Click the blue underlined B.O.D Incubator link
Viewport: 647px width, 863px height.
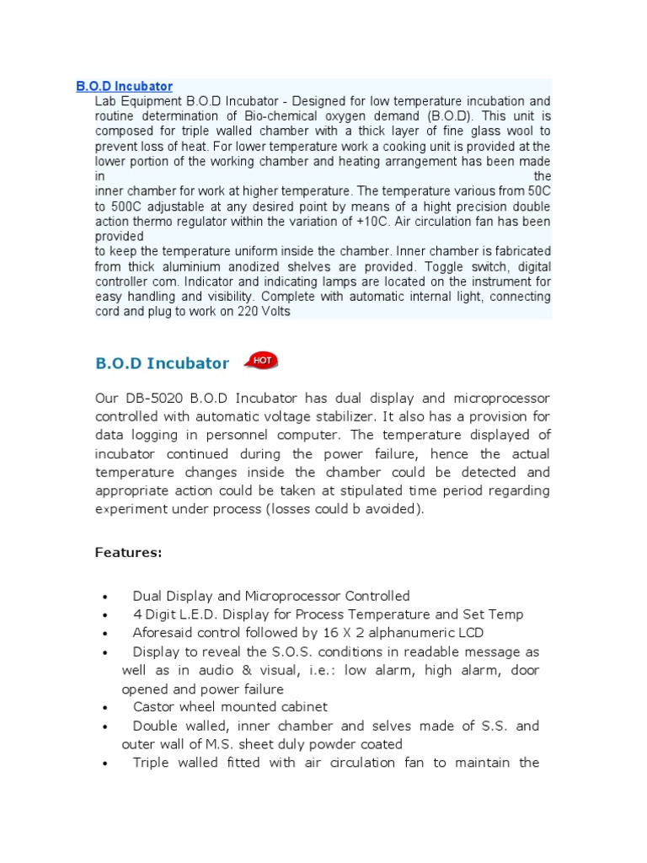click(x=124, y=86)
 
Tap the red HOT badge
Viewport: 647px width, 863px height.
click(x=261, y=361)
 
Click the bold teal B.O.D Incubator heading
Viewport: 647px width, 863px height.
click(x=162, y=363)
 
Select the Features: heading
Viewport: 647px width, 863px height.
click(x=128, y=552)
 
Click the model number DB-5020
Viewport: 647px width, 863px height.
click(x=153, y=398)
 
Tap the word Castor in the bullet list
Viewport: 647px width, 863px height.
click(x=152, y=707)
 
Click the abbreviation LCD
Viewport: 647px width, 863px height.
click(x=468, y=633)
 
